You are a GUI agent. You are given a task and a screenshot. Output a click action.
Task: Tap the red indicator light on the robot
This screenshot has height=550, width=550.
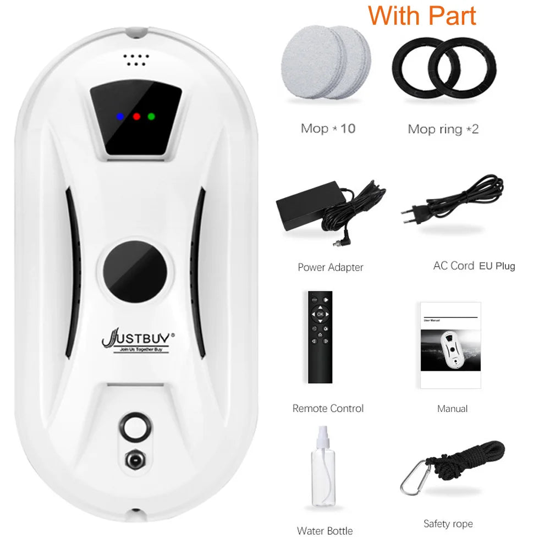[x=136, y=116]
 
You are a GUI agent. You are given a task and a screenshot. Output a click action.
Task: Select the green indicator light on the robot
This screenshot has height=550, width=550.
[x=151, y=116]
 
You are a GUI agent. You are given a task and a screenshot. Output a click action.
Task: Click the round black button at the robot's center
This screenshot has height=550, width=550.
[x=135, y=271]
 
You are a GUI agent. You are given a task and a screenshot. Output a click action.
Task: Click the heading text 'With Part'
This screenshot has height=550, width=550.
[x=422, y=16]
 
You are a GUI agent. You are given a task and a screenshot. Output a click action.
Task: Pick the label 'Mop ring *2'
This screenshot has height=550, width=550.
[x=443, y=129]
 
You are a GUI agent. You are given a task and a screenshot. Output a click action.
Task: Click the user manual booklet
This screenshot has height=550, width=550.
[x=450, y=345]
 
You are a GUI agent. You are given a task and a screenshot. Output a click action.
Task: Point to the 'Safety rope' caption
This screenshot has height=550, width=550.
[x=448, y=524]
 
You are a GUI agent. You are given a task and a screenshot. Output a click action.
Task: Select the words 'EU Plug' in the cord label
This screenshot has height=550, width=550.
[x=497, y=266]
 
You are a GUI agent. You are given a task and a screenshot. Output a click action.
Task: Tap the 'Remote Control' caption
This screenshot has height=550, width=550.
[x=328, y=409]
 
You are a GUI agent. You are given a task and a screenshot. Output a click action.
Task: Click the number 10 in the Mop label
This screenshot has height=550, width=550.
[x=348, y=129]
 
